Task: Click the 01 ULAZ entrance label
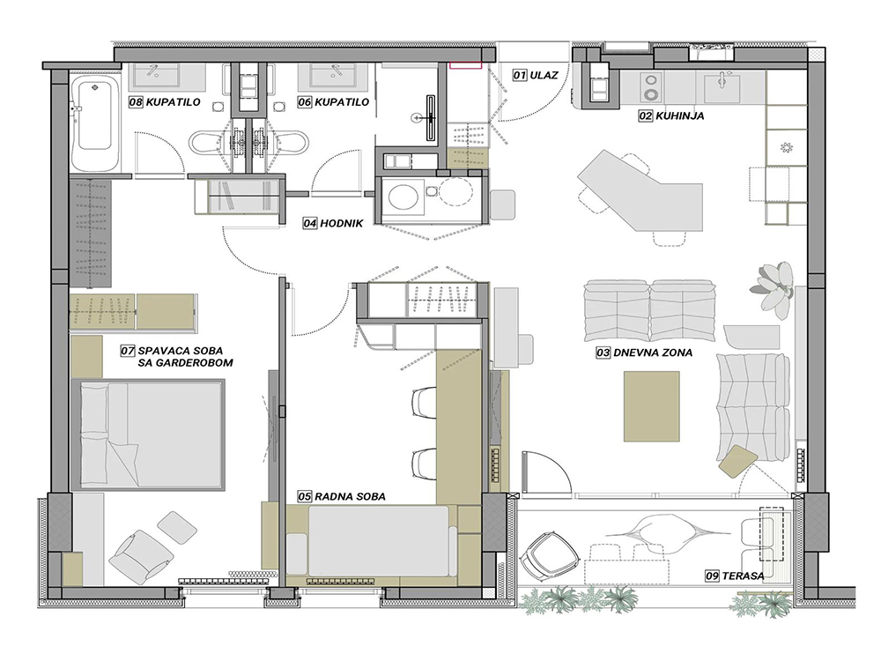535,75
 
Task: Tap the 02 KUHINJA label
670,115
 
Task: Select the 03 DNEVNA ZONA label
644,353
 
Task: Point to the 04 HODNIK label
333,223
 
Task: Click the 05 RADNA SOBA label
342,496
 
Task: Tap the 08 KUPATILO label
165,102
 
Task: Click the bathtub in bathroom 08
94,122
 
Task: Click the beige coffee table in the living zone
651,406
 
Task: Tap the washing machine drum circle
403,197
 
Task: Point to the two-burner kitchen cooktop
652,87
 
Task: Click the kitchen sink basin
721,86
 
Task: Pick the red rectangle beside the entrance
465,65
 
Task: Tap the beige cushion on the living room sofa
737,461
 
